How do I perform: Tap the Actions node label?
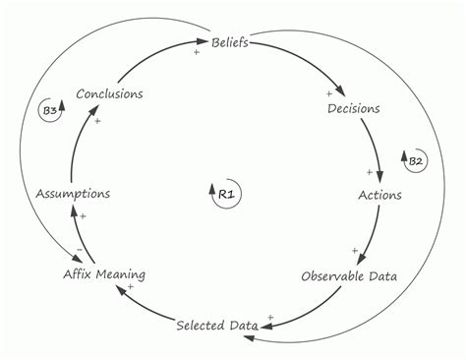(379, 194)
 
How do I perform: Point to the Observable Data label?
(349, 276)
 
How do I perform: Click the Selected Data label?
(217, 325)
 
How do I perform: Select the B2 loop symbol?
(415, 159)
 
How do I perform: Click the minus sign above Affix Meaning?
(79, 251)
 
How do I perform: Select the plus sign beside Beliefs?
(197, 52)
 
